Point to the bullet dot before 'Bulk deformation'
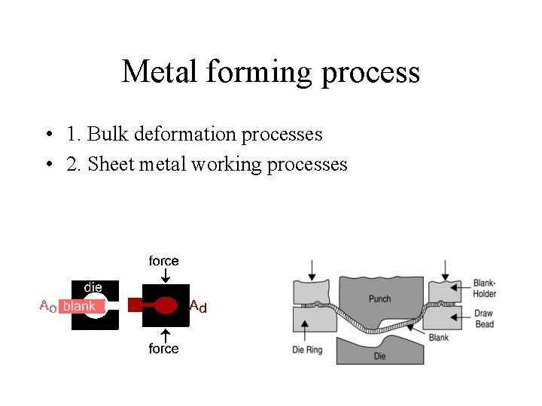[x=47, y=135]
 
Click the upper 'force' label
[x=163, y=261]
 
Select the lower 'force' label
[x=163, y=349]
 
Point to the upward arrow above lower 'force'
[x=164, y=335]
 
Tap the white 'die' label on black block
[x=93, y=287]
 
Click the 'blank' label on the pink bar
[x=79, y=307]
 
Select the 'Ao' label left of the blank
[x=47, y=306]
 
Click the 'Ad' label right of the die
[x=198, y=306]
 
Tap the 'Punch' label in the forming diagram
[x=379, y=298]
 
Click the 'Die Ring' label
[x=307, y=350]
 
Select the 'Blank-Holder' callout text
[x=484, y=289]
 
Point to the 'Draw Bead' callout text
[x=484, y=319]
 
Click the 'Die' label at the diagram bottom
[x=379, y=356]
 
